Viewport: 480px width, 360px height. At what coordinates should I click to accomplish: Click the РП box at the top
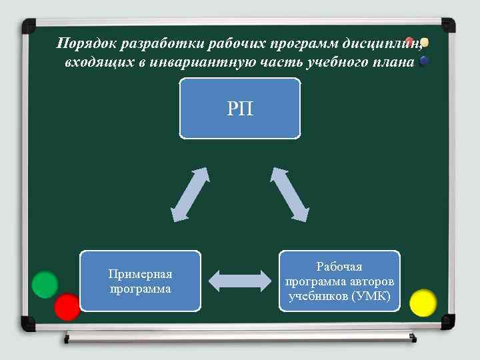coord(240,109)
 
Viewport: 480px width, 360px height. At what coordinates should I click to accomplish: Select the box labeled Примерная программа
coord(140,281)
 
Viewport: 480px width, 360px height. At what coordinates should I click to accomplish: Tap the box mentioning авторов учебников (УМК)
coord(339,281)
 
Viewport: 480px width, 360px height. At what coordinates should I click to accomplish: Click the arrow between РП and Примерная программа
coord(190,194)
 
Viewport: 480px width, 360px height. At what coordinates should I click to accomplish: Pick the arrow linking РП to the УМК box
coord(290,194)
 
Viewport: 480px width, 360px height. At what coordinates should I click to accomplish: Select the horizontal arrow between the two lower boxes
coord(240,281)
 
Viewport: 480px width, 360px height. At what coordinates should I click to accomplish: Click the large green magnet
coord(45,285)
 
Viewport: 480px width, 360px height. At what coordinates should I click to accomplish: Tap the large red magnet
coord(67,307)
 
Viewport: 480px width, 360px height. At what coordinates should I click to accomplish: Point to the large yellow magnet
coord(423,303)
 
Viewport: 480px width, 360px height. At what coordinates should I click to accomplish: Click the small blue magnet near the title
coord(424,61)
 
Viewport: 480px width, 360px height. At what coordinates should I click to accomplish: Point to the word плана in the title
coord(396,62)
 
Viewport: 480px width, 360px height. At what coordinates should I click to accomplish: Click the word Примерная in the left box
coord(140,274)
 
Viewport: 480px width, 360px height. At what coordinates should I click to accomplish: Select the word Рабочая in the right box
coord(339,266)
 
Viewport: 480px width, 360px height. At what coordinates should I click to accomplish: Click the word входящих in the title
coord(93,62)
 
